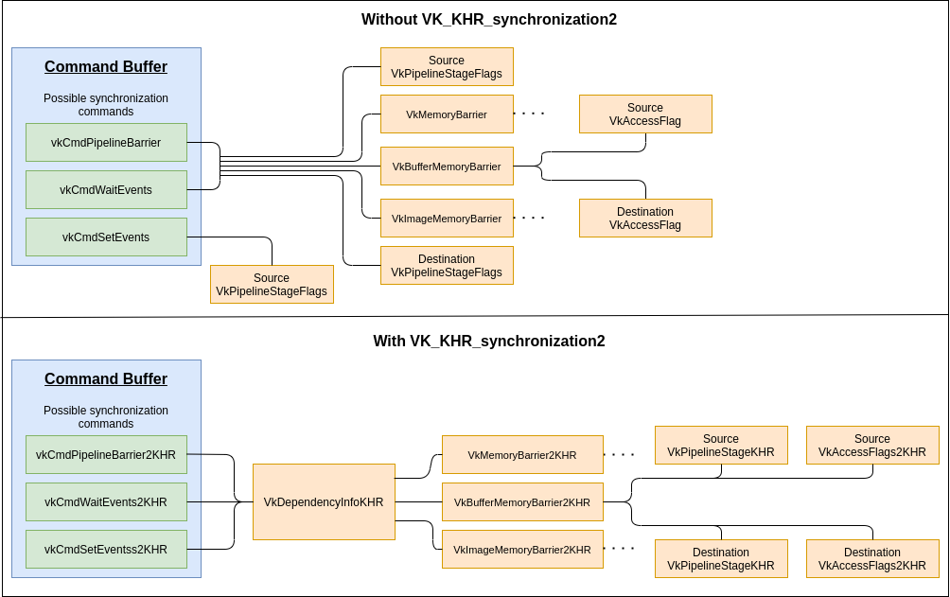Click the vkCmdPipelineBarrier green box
106,143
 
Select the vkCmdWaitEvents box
106,190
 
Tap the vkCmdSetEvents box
106,237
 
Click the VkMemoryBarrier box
447,114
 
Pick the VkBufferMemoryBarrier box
447,167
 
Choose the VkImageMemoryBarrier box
447,219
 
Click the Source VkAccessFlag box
645,114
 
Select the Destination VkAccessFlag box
645,219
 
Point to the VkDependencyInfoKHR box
324,502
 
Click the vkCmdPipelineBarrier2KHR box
106,455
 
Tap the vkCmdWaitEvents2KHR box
106,502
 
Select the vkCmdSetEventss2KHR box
106,550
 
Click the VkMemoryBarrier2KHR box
522,455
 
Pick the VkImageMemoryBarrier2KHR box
522,550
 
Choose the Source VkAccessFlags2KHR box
872,446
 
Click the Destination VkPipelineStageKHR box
721,559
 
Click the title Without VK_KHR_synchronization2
489,20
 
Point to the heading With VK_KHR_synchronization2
489,342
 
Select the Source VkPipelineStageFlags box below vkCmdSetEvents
272,285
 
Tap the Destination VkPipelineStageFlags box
447,266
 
